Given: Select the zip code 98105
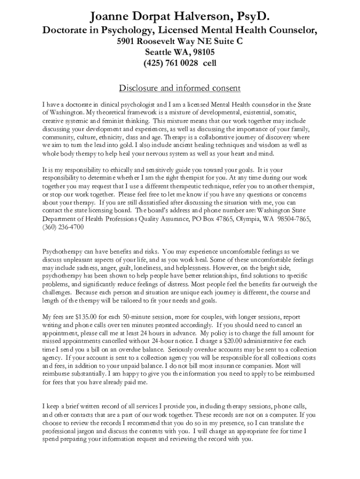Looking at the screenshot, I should (202, 51).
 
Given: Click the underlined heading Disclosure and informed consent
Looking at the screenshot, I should (180, 88).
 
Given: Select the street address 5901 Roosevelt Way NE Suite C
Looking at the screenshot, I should (180, 41).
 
